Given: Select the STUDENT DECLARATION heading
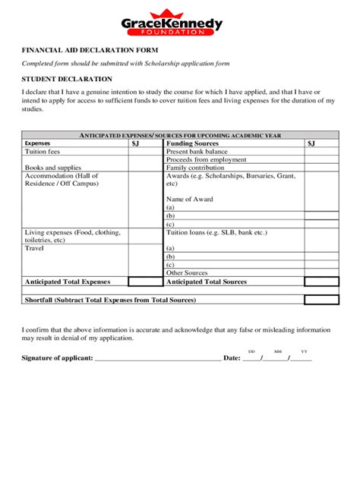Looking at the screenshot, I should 67,79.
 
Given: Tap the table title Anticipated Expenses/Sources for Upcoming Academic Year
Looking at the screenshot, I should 181,135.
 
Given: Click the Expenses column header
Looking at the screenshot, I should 37,143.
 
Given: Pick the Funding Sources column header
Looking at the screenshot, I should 192,143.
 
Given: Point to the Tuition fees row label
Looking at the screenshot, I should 43,151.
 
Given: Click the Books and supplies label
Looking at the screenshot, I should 52,168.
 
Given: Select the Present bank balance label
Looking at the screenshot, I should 197,151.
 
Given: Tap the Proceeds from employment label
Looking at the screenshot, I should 201,159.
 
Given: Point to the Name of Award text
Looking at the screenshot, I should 189,200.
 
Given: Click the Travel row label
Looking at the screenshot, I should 34,248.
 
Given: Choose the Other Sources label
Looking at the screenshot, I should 187,272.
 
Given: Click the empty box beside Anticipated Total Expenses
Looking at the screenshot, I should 146,281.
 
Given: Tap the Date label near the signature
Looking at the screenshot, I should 232,357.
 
